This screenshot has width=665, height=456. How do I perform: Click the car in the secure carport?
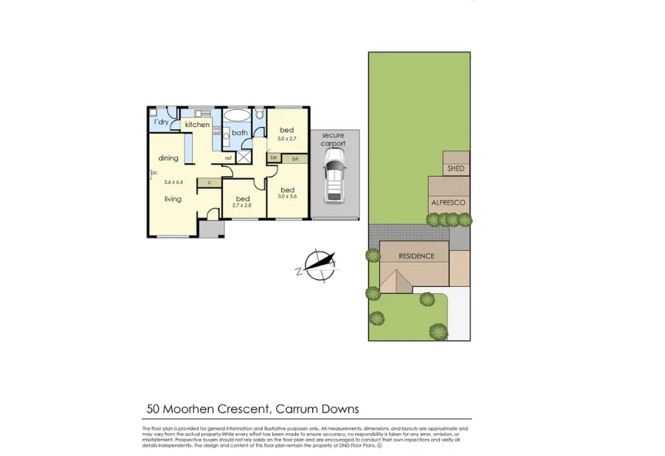click(x=334, y=180)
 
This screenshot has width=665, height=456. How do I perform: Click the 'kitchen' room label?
click(x=197, y=125)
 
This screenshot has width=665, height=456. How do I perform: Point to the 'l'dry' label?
click(x=161, y=121)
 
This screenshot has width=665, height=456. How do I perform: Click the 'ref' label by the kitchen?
click(x=228, y=158)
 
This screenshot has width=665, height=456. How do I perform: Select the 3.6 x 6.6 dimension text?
click(x=173, y=182)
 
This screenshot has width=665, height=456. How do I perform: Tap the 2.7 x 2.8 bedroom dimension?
click(x=242, y=206)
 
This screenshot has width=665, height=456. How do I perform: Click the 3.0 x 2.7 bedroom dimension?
click(x=286, y=138)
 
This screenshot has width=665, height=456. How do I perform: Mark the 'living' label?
click(x=173, y=198)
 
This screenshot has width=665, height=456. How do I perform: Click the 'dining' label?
click(x=168, y=158)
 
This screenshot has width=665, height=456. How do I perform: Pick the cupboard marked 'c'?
click(x=210, y=182)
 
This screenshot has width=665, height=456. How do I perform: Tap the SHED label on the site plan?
click(x=455, y=169)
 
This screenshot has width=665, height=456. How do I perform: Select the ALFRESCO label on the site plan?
click(x=449, y=201)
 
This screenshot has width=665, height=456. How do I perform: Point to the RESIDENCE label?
click(x=416, y=256)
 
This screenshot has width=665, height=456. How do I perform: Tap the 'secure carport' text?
click(x=334, y=139)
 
